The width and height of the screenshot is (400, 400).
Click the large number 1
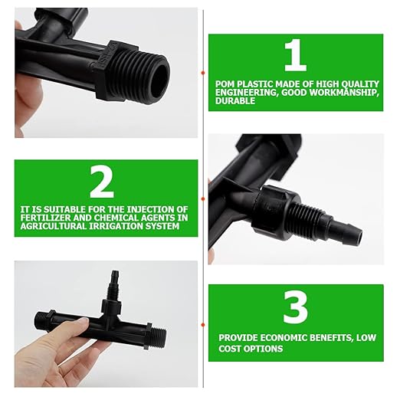[295, 56]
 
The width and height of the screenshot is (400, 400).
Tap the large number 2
[101, 182]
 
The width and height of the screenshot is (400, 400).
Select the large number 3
[295, 307]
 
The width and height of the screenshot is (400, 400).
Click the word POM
[228, 84]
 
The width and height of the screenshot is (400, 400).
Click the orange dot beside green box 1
[203, 73]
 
